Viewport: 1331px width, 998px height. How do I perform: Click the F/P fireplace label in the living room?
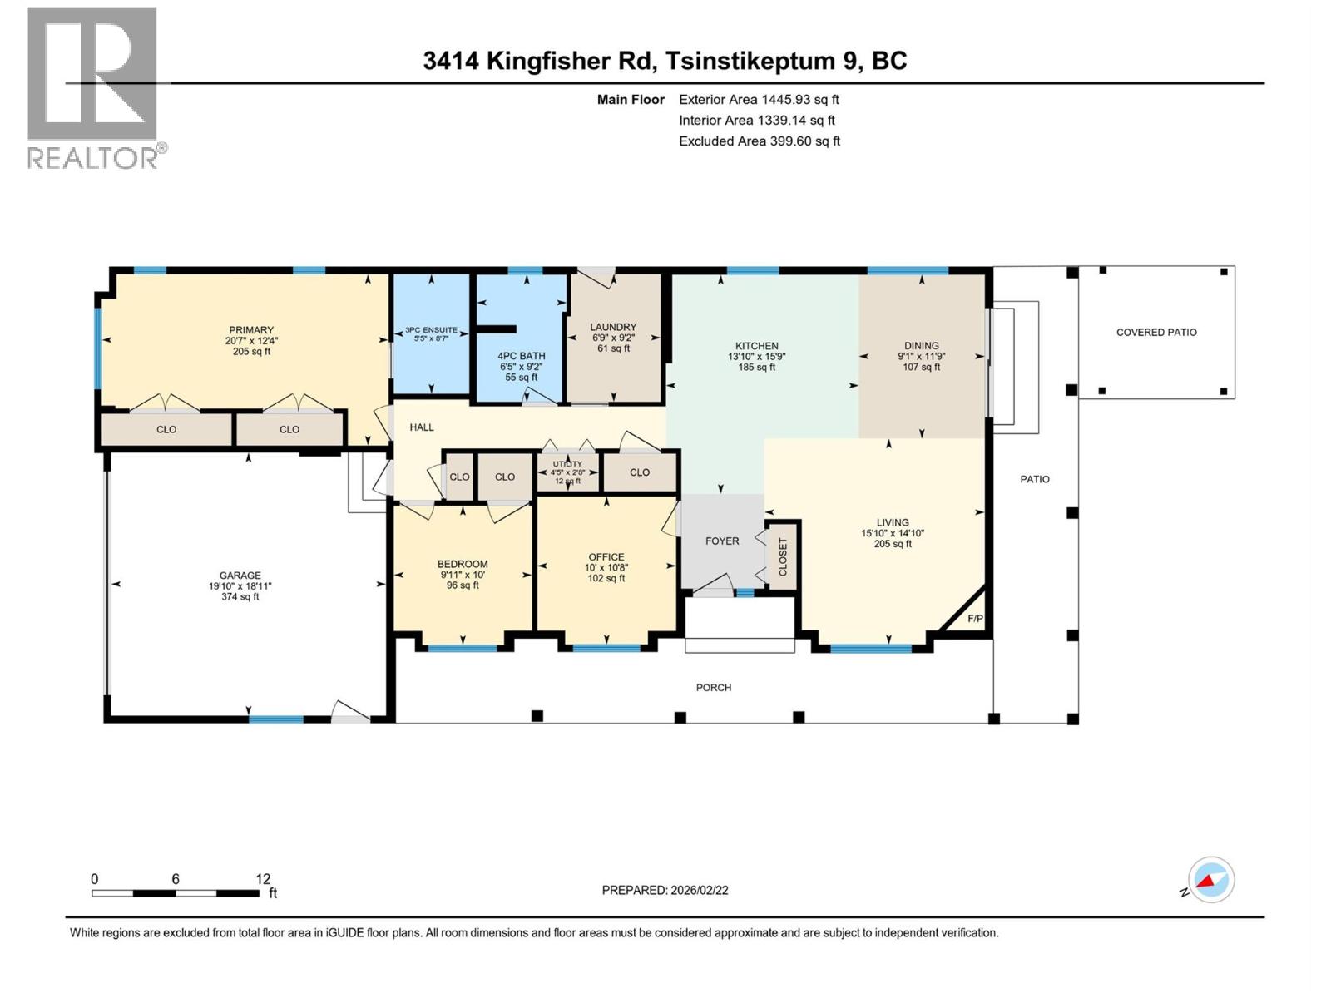[975, 619]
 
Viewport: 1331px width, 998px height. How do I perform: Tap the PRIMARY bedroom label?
[251, 330]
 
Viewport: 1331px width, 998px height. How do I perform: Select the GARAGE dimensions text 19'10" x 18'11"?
[240, 586]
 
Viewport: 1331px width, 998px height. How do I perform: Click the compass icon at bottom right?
[1211, 880]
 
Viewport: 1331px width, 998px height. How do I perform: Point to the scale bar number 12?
[263, 879]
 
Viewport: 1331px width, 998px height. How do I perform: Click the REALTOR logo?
[94, 87]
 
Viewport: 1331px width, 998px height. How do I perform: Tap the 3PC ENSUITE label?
[431, 330]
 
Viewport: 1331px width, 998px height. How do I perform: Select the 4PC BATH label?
[522, 356]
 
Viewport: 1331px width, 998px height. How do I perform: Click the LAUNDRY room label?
[613, 327]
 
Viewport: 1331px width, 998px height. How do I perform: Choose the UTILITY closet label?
[568, 464]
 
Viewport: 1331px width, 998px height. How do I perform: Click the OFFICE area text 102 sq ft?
[606, 578]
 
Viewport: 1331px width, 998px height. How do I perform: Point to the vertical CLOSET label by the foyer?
[783, 556]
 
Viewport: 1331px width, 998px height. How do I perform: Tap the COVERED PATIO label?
[1156, 332]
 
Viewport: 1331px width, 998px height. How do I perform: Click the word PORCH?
[714, 687]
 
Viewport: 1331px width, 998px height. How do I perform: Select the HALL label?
[422, 427]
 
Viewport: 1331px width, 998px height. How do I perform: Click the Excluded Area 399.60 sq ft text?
[759, 141]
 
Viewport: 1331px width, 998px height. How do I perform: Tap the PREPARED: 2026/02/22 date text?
[665, 890]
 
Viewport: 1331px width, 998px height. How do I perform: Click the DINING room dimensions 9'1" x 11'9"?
[921, 356]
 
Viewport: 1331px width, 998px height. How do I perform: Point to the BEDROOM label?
[463, 564]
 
